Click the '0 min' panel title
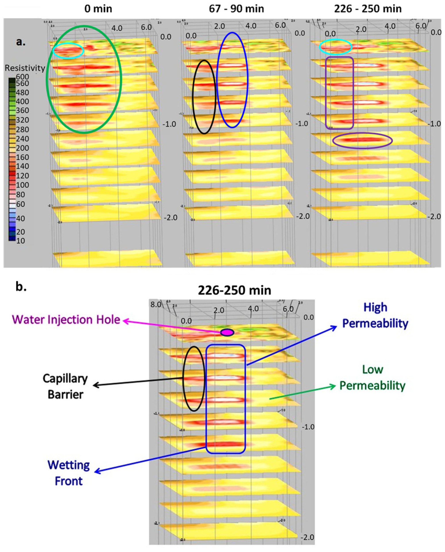(98, 9)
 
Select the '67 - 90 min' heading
(236, 9)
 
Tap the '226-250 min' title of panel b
(234, 290)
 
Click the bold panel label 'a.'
(21, 42)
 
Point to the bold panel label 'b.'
(21, 287)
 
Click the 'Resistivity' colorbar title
(25, 68)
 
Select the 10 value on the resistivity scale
(21, 241)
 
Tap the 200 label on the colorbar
(23, 148)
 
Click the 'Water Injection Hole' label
(66, 320)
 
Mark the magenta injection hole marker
(227, 332)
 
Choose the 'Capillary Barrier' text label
(65, 386)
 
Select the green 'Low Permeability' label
(372, 377)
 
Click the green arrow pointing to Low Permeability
(303, 393)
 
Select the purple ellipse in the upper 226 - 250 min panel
(363, 140)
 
